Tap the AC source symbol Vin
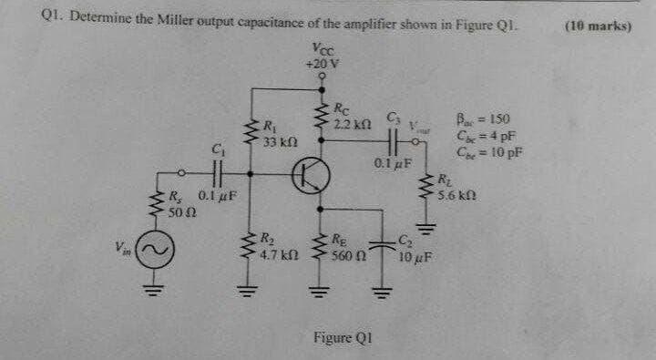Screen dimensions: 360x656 [x=150, y=248]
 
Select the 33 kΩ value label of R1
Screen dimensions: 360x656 [x=278, y=142]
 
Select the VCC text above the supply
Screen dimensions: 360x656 [x=322, y=50]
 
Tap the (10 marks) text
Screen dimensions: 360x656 [x=598, y=26]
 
